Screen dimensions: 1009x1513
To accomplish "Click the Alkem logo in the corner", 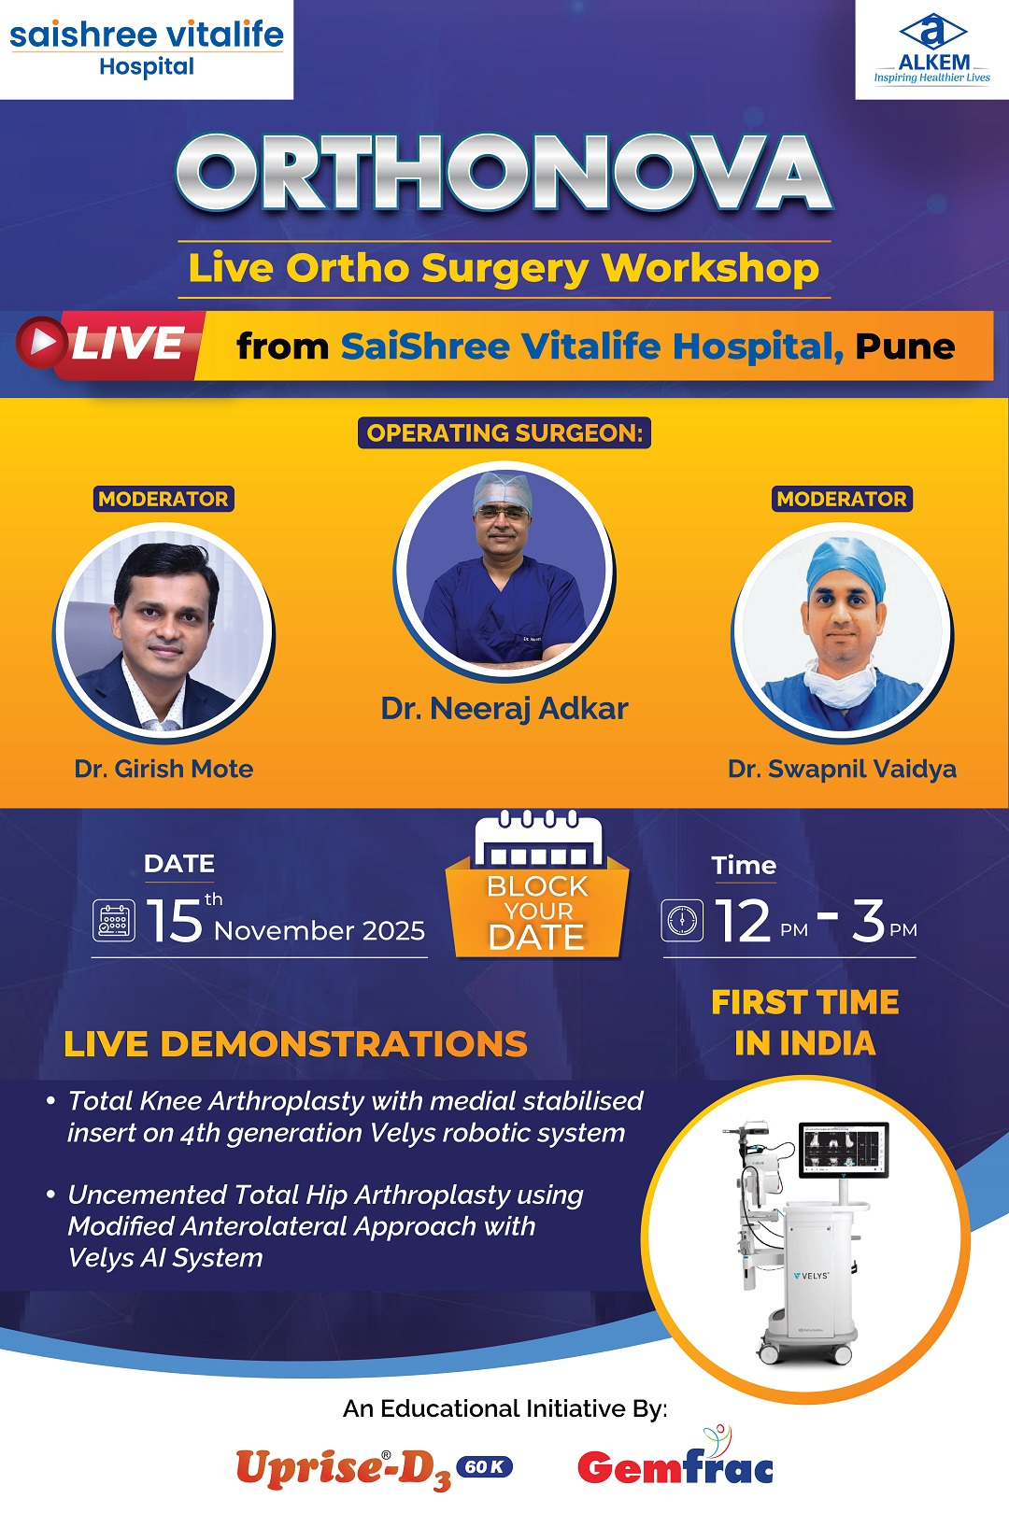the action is (932, 49).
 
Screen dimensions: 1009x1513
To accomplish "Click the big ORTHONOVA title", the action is (504, 173).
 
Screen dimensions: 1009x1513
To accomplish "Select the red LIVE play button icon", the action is (41, 342).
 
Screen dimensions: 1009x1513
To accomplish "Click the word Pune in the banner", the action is (905, 346).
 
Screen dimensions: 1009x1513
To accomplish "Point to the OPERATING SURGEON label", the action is (504, 432).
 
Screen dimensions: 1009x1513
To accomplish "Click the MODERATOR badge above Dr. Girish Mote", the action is (163, 499).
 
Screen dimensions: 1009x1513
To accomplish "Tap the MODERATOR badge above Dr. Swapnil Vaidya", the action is (842, 499).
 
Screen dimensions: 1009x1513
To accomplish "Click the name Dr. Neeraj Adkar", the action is (504, 709).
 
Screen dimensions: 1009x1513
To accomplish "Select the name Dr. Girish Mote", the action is (163, 769).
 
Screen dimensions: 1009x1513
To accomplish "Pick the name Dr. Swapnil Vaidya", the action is (842, 770).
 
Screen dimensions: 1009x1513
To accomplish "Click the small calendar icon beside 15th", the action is (114, 921).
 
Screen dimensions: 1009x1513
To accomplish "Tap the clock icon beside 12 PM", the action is (682, 920).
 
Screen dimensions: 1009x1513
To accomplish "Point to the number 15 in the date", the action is (174, 920).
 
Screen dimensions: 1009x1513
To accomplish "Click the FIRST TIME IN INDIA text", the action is (805, 1023).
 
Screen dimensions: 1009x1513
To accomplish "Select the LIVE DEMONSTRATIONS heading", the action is (295, 1043).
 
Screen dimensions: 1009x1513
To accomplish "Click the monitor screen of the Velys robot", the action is (844, 1151).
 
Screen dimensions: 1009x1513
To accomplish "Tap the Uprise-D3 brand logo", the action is (374, 1468).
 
